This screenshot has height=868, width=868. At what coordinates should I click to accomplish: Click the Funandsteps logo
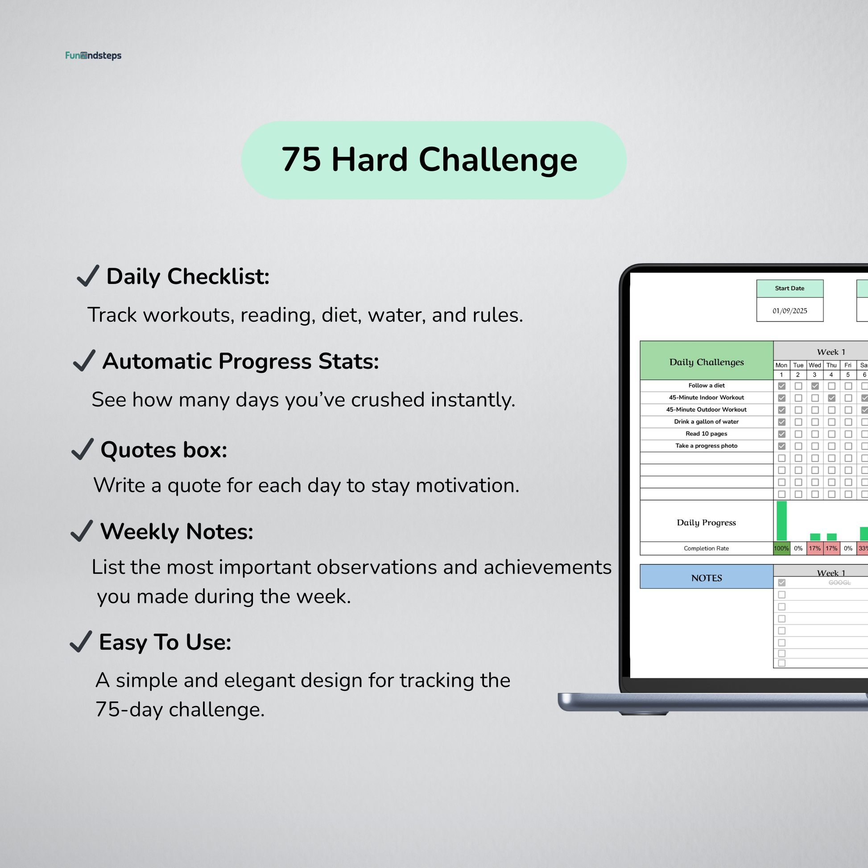click(93, 56)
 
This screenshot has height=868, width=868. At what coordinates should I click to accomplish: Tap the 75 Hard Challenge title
click(429, 160)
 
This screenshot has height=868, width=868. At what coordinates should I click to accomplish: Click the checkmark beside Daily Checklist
click(88, 275)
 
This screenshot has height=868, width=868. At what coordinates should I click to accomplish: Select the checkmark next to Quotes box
click(83, 449)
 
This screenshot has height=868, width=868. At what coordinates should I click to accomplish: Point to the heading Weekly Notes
click(177, 532)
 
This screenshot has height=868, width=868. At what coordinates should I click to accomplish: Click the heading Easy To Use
click(165, 642)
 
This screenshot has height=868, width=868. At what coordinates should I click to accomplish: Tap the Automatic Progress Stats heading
click(241, 361)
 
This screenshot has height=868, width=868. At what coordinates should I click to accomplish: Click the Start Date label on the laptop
click(789, 289)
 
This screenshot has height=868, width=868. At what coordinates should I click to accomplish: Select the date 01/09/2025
click(789, 311)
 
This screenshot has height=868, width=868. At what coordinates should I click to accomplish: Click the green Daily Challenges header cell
click(706, 360)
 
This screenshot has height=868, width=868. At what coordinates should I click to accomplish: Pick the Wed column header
click(814, 365)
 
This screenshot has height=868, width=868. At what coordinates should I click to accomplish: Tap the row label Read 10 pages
click(706, 434)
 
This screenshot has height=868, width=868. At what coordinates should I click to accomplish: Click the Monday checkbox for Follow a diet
click(782, 386)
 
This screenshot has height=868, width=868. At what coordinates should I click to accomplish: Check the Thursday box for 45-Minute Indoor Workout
click(831, 398)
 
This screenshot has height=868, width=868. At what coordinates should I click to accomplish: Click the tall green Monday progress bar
click(782, 521)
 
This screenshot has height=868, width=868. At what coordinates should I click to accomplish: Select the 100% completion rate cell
click(781, 548)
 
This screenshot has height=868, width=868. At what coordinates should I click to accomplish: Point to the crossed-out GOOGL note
click(839, 583)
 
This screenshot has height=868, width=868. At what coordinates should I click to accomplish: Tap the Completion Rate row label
click(706, 548)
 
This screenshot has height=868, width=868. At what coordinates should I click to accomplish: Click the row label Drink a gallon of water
click(706, 422)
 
